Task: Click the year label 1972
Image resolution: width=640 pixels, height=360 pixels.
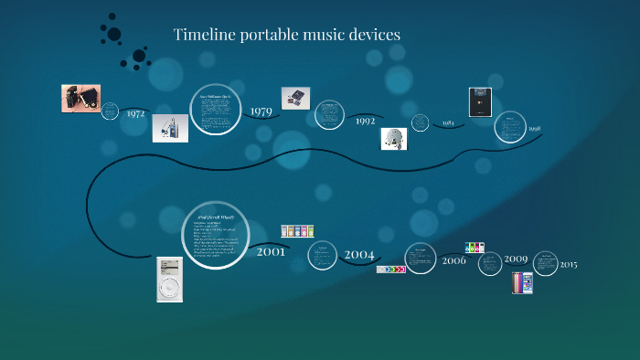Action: [136, 114]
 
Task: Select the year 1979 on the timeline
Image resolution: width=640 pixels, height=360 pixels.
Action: [261, 111]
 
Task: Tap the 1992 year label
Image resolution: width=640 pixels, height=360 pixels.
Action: [366, 120]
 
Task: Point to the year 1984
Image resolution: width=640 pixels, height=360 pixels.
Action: [448, 122]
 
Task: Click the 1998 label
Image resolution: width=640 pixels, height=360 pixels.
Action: [535, 129]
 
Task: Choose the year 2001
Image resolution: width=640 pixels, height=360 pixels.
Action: [271, 251]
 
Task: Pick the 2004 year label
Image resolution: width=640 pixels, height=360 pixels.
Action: [359, 253]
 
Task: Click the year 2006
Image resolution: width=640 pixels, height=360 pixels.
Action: [453, 260]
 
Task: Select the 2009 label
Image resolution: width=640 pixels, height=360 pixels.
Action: [516, 259]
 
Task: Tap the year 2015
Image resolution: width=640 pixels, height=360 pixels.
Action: [569, 265]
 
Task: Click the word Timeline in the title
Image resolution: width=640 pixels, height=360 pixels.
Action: [204, 35]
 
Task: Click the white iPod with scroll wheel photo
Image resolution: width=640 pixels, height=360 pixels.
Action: [169, 279]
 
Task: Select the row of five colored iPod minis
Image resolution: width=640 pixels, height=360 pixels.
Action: [299, 231]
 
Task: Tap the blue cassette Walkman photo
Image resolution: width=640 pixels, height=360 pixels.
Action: [170, 128]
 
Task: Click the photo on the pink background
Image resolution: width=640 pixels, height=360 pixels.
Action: [80, 98]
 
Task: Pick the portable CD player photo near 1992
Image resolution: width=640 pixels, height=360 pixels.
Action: [394, 138]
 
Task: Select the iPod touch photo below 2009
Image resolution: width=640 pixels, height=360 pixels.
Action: [522, 282]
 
